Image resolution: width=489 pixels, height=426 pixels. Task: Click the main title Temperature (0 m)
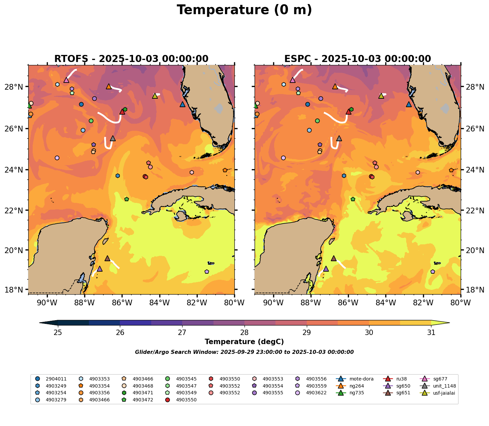(244, 10)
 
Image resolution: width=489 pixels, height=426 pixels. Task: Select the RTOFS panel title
(131, 59)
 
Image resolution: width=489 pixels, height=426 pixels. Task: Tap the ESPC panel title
(358, 59)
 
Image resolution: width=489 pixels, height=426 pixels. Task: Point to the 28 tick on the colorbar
(244, 333)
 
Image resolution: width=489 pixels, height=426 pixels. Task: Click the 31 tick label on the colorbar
(431, 333)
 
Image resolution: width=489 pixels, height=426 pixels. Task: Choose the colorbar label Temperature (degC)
(244, 342)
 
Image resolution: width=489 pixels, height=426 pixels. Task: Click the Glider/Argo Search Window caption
(244, 352)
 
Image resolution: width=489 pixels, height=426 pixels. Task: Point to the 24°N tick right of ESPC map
(475, 170)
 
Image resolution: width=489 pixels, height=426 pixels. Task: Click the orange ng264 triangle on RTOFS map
(108, 87)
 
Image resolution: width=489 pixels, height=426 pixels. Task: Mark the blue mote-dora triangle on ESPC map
(409, 104)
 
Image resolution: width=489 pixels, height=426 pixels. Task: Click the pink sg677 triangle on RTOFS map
(66, 80)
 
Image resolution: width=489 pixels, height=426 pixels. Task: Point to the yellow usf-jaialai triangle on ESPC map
(381, 96)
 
